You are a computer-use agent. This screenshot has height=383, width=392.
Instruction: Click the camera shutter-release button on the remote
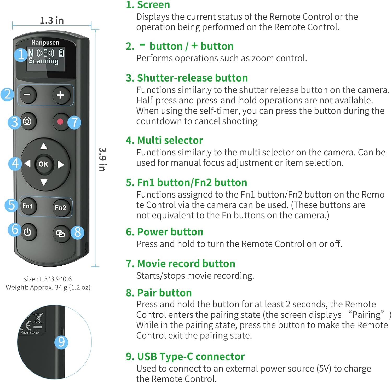pos(27,121)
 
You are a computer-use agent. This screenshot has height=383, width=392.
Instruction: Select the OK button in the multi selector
pos(43,164)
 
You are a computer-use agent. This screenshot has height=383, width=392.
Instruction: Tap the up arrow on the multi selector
pos(44,146)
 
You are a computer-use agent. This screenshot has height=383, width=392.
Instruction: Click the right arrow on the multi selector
pos(61,164)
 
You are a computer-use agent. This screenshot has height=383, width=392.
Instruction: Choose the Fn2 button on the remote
pos(60,208)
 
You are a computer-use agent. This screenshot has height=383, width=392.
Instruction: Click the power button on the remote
pos(27,232)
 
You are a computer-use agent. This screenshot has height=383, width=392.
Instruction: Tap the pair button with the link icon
pos(60,234)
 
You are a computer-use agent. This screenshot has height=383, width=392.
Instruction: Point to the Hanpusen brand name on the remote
pos(45,42)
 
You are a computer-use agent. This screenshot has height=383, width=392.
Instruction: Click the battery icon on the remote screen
pos(61,53)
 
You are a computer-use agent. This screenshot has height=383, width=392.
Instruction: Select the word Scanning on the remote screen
pos(43,61)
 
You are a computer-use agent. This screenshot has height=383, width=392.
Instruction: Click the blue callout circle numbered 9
pos(61,342)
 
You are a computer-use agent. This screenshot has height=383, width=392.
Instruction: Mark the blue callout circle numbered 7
pos(74,122)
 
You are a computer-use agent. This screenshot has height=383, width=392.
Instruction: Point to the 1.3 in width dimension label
pos(52,20)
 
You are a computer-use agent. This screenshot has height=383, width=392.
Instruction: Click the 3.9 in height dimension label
pos(102,159)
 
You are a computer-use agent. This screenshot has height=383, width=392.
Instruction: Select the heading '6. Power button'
pos(165,232)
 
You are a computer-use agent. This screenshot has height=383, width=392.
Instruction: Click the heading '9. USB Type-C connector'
pos(185,356)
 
